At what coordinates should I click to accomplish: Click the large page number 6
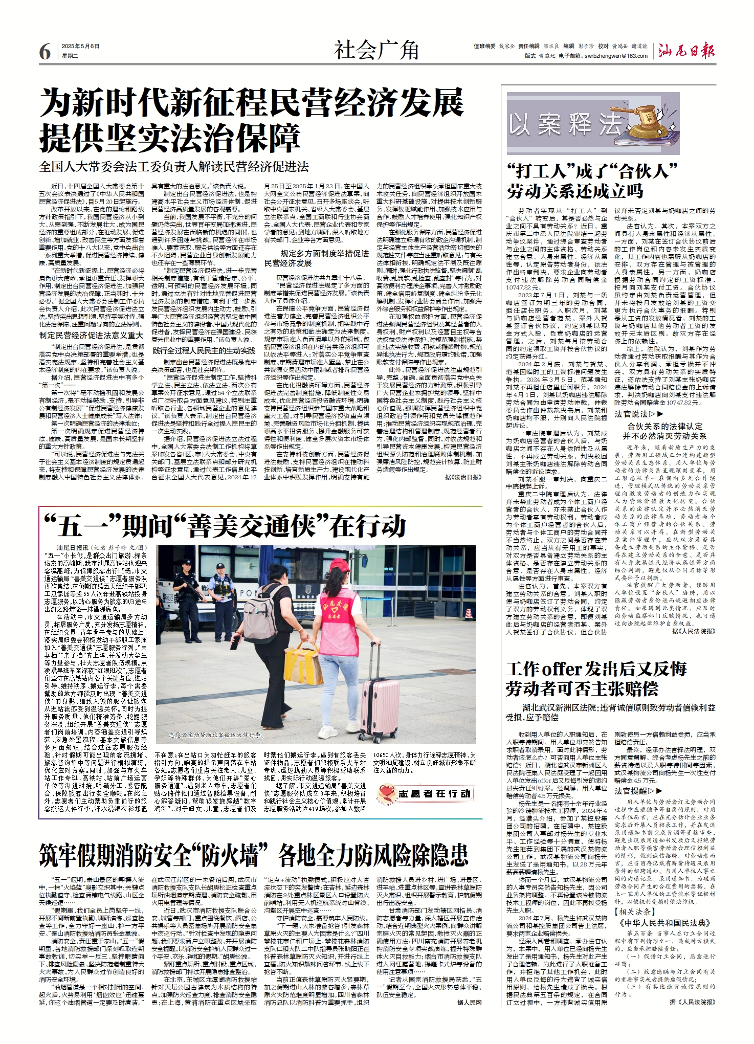pyautogui.click(x=45, y=52)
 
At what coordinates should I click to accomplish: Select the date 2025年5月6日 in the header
pyautogui.click(x=81, y=46)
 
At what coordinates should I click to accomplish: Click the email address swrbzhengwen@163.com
pyautogui.click(x=616, y=56)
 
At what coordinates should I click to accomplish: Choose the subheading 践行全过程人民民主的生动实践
pyautogui.click(x=204, y=350)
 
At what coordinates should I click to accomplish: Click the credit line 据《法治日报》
pyautogui.click(x=463, y=477)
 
